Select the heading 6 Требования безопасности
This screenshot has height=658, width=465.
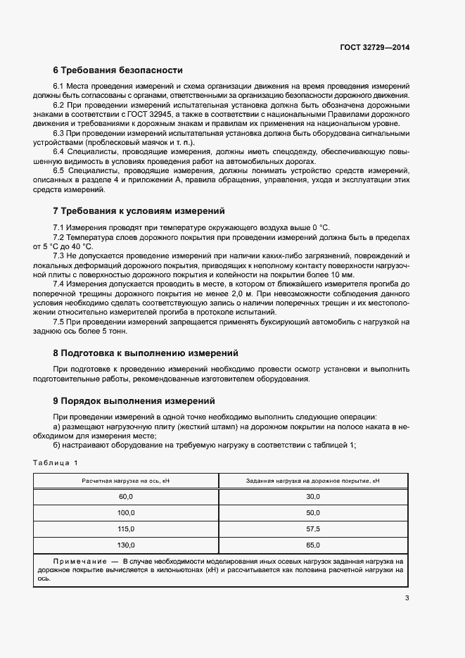pos(117,70)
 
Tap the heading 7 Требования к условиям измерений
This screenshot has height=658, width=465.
pos(139,210)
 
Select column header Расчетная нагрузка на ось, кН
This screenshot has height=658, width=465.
pos(126,480)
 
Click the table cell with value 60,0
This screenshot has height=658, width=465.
pos(126,496)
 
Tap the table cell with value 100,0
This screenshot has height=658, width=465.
pos(126,512)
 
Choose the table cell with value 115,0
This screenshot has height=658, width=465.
pos(126,529)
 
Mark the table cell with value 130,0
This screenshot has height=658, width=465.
pos(126,545)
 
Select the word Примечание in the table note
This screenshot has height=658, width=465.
pos(76,561)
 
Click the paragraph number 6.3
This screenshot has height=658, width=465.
pos(59,132)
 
